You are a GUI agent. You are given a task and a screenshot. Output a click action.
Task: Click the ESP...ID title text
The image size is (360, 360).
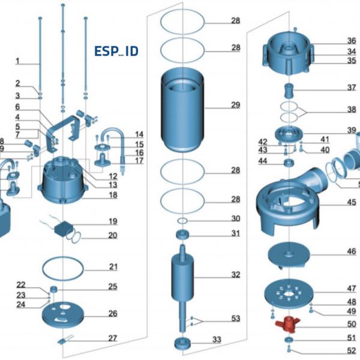pos(116,51)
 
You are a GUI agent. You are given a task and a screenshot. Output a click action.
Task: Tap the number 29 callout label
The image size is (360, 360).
pos(235,105)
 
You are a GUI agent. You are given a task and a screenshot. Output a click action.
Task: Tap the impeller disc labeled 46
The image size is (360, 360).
pos(289,253)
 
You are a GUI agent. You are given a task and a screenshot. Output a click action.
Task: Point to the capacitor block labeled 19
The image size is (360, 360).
pos(64,229)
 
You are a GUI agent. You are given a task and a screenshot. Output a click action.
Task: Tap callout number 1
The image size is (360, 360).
pos(17,61)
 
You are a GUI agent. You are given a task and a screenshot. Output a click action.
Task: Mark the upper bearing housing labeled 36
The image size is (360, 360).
pos(289,51)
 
